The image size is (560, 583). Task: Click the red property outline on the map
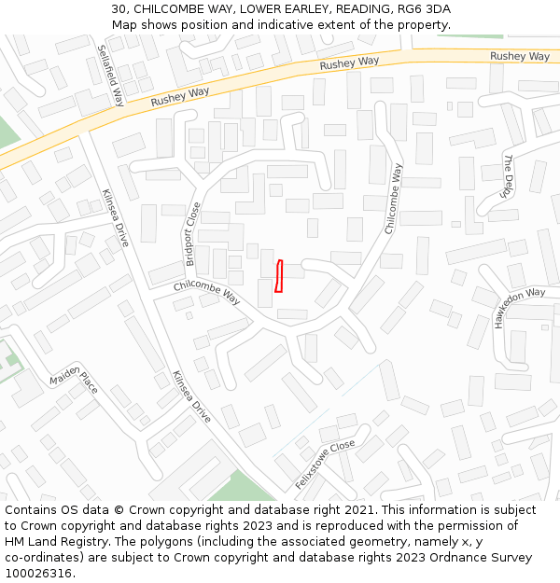click(278, 276)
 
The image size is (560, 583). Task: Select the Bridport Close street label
click(193, 234)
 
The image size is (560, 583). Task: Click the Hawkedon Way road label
click(519, 308)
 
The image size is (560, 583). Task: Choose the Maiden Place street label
click(74, 382)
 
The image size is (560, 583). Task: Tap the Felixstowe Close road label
click(325, 465)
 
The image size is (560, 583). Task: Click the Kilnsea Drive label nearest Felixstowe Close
click(191, 396)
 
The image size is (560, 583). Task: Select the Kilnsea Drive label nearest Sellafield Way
click(116, 217)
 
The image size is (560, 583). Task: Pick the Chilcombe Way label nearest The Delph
click(395, 199)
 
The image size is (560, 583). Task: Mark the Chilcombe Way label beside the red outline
click(207, 293)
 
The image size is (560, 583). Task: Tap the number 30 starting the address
click(119, 8)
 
